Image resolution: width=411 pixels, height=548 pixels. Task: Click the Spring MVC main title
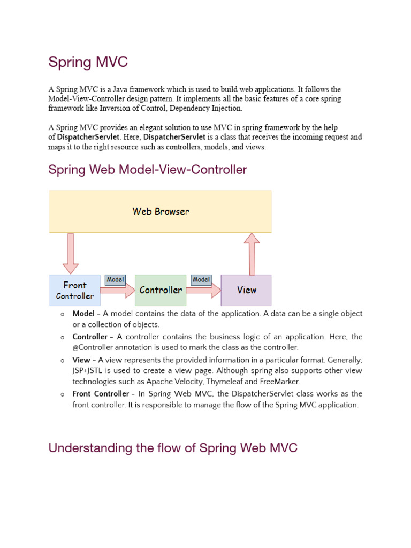click(x=88, y=62)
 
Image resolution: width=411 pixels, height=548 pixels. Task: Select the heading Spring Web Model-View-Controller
click(x=148, y=170)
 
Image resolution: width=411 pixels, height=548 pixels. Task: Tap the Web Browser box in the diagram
click(x=161, y=211)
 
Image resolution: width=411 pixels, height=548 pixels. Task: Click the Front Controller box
click(x=74, y=290)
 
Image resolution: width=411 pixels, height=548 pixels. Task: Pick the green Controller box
click(x=161, y=290)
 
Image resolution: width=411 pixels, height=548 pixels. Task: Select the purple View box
click(x=246, y=290)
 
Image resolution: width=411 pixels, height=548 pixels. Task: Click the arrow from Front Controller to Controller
click(x=118, y=291)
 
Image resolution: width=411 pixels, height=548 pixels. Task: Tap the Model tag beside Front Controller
click(x=115, y=279)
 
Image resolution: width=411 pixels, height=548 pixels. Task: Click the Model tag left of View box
click(x=201, y=279)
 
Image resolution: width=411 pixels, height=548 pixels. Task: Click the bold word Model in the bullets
click(x=83, y=314)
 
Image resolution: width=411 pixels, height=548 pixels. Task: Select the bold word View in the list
click(x=81, y=360)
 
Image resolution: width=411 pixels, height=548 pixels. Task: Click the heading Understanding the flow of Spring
click(x=172, y=448)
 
